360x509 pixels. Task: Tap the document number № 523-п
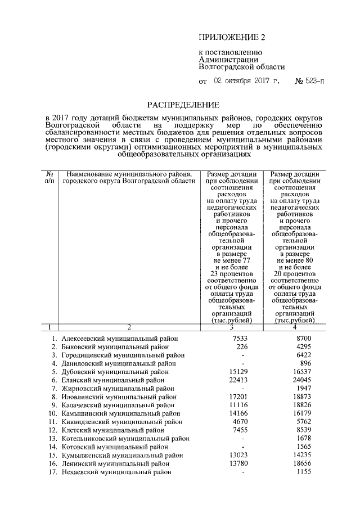310,81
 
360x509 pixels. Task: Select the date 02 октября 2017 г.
246,81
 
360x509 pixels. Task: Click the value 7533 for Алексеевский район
240,338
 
